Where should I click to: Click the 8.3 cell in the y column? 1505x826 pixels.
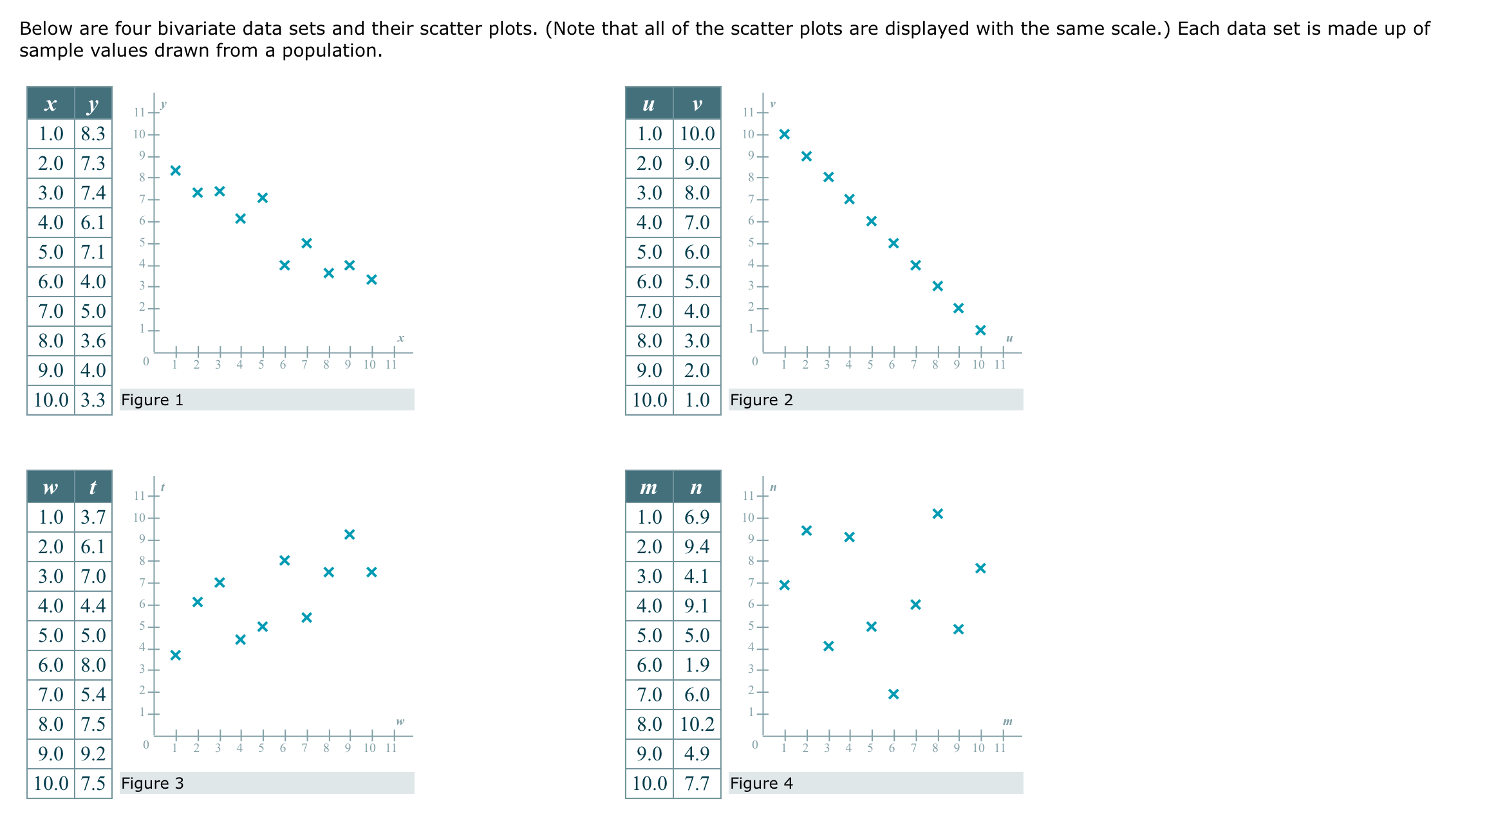93,134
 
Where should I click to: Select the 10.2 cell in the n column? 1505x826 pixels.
696,724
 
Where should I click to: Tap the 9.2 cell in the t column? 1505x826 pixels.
93,754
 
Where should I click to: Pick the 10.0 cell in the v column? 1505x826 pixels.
696,134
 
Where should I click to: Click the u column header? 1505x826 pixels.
649,104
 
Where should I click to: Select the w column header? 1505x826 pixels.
50,488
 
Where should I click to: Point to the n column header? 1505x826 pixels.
696,488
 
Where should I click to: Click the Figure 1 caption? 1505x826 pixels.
153,400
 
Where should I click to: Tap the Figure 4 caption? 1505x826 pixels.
761,784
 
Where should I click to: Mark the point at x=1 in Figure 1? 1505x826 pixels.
176,170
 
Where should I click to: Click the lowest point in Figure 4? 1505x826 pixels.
893,694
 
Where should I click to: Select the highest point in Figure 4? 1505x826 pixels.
938,513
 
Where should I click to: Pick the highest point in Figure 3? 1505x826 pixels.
350,535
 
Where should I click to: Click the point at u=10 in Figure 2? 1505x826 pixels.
980,330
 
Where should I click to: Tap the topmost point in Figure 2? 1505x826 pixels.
784,134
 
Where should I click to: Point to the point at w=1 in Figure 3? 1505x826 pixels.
176,655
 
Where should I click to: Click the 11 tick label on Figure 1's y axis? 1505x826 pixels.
139,113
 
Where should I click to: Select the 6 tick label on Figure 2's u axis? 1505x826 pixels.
892,365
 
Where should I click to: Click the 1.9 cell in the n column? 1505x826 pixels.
696,665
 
